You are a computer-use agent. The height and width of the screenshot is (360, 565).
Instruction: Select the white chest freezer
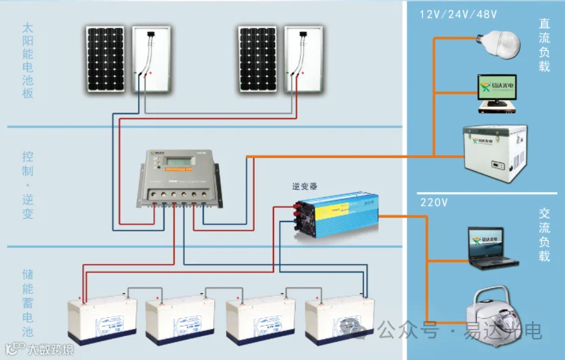pos(491,153)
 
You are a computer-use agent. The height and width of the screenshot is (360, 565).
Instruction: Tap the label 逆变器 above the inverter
pos(305,186)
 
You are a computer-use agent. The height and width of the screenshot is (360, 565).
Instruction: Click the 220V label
pos(434,203)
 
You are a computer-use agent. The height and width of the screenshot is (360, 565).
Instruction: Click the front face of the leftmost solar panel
pos(106,59)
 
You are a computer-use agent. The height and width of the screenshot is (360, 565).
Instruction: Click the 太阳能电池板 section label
pos(27,61)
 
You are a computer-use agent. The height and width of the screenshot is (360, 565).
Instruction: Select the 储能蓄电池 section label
pos(27,302)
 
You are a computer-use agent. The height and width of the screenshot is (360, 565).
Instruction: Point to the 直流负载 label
pos(544,44)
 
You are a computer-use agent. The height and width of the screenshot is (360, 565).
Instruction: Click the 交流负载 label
pos(544,234)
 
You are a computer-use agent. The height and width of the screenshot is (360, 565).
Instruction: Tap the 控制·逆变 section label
pos(27,185)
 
